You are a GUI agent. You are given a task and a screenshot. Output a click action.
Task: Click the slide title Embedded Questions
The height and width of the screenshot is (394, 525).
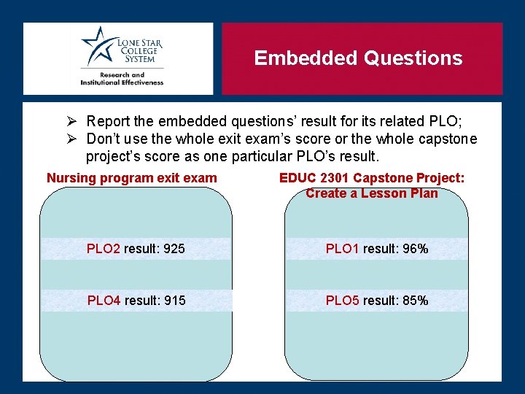pyautogui.click(x=358, y=58)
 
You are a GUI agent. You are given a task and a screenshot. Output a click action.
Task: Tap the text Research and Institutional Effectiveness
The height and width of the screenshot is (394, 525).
pyautogui.click(x=122, y=79)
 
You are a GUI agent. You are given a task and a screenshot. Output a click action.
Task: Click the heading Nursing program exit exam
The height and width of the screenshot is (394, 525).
pyautogui.click(x=132, y=178)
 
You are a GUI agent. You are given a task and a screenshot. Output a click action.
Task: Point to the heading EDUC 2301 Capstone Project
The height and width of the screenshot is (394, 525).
pyautogui.click(x=372, y=178)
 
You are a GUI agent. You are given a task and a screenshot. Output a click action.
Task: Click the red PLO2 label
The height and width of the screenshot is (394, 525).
pyautogui.click(x=104, y=249)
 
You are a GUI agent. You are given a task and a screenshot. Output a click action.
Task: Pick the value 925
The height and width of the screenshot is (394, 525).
pyautogui.click(x=174, y=249)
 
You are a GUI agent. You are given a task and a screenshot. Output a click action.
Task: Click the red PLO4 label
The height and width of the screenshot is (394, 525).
pyautogui.click(x=104, y=300)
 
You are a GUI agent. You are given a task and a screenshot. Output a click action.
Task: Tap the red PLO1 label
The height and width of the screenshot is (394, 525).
pyautogui.click(x=343, y=249)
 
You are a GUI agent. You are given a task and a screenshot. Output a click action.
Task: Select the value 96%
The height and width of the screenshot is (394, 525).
pyautogui.click(x=415, y=249)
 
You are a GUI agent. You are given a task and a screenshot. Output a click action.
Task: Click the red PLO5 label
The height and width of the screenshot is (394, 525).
pyautogui.click(x=343, y=300)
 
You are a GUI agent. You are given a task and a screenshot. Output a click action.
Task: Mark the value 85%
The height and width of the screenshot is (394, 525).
pyautogui.click(x=415, y=300)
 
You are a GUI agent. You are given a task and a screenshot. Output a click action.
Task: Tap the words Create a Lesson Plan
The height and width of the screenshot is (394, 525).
pyautogui.click(x=372, y=193)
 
